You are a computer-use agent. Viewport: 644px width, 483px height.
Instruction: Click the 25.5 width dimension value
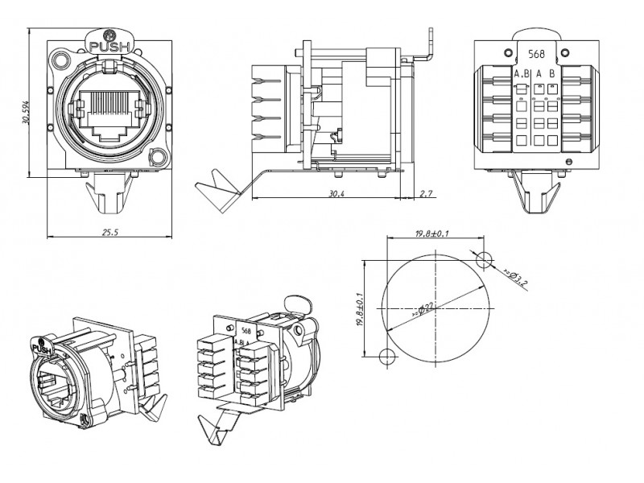click(110, 233)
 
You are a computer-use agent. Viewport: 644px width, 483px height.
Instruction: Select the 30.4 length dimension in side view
click(336, 194)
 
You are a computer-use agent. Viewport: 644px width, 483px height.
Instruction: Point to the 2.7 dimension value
click(427, 194)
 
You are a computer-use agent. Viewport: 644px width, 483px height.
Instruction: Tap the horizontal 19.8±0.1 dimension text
click(432, 233)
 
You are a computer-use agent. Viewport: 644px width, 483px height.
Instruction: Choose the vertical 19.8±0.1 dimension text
click(359, 309)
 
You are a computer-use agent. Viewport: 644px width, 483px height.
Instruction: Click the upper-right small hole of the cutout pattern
click(483, 259)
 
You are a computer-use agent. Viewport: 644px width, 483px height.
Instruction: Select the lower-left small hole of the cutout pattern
click(386, 356)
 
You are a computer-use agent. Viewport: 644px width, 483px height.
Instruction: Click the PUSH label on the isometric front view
click(42, 350)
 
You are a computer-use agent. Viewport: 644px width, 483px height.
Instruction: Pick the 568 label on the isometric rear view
click(245, 331)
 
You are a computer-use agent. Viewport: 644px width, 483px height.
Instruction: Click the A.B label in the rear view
click(520, 74)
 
